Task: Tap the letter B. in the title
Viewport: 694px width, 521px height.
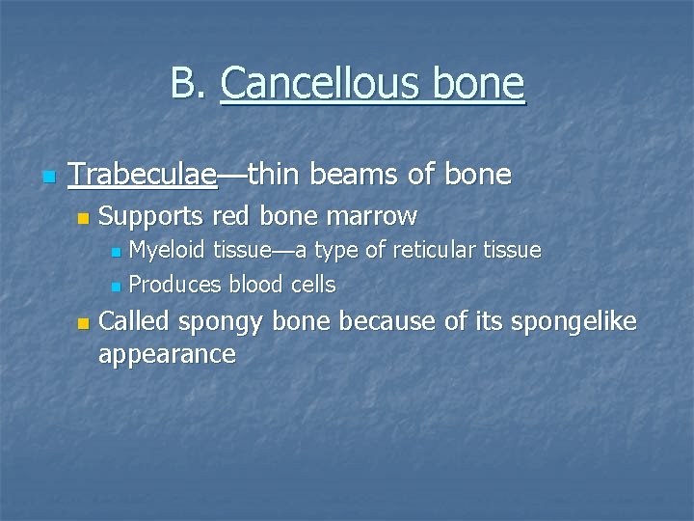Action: click(x=189, y=84)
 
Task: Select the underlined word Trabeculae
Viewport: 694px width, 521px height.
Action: click(x=143, y=175)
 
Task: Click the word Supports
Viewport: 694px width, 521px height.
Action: click(x=152, y=215)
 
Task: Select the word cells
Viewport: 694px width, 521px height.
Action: click(x=313, y=285)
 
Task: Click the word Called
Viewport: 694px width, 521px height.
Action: click(x=134, y=321)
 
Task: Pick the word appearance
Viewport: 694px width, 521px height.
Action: click(x=167, y=355)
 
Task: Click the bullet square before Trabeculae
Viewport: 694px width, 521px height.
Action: click(x=48, y=177)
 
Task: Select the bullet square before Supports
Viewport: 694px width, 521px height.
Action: click(x=83, y=217)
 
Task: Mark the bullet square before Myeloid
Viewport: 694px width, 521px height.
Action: click(x=116, y=253)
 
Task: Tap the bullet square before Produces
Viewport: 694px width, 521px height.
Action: click(x=116, y=287)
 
